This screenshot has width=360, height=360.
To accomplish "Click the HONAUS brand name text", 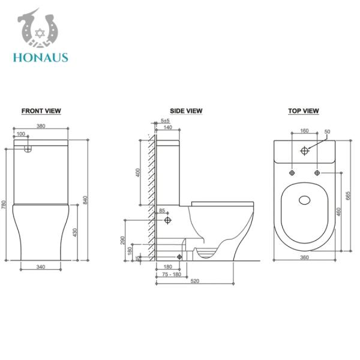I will (40, 58).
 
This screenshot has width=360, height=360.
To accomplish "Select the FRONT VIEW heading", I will (41, 111).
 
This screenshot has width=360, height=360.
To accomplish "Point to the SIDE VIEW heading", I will (186, 111).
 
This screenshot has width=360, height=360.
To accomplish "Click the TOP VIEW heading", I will (304, 111).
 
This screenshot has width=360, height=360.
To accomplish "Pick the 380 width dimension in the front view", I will (41, 127).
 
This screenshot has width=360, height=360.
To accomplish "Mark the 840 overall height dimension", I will (91, 200).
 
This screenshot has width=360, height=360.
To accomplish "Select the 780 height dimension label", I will (5, 204).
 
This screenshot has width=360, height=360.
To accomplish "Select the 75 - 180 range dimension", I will (172, 274).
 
